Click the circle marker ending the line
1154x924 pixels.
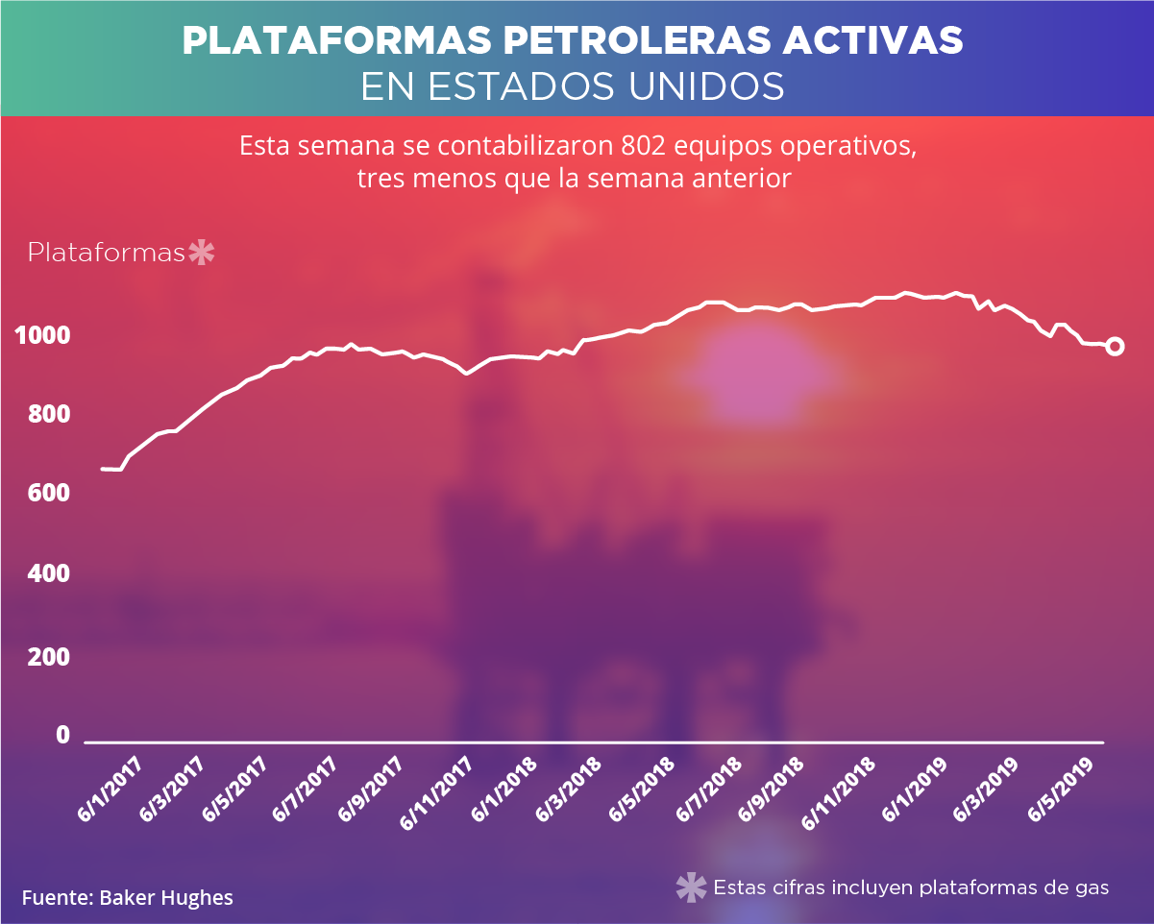click(x=1115, y=346)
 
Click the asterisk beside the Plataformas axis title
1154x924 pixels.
click(x=202, y=253)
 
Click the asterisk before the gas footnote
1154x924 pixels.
click(x=692, y=888)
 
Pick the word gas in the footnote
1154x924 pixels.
click(x=1093, y=888)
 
